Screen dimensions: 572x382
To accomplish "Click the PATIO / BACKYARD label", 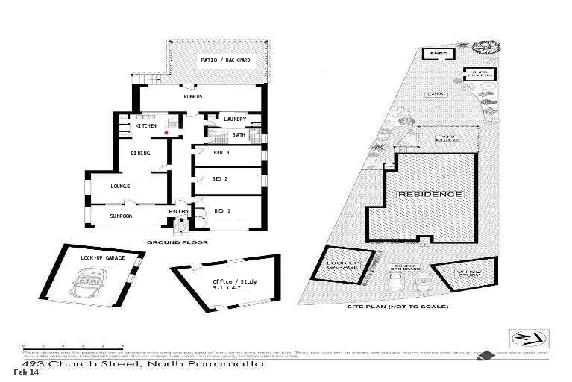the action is tap(225, 60).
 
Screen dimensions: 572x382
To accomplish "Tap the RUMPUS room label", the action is tap(193, 97).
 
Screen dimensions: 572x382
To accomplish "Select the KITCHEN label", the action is tap(145, 126).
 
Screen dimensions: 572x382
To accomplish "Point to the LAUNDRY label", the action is tap(236, 119).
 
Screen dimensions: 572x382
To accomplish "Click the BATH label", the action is tap(239, 135).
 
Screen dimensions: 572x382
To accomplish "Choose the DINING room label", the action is tap(140, 154).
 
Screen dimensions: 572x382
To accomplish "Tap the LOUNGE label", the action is tap(120, 186).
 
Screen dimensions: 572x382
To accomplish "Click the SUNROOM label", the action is tap(121, 216).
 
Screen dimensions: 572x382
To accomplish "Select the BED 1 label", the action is tap(221, 211).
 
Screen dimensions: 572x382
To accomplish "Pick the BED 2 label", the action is tap(219, 179).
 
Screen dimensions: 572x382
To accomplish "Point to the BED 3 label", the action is tap(221, 153).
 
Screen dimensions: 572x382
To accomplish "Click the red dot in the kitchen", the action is tap(166, 133).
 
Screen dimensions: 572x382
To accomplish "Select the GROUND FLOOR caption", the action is tap(177, 242).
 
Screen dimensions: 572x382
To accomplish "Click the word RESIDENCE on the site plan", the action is tap(430, 194).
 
